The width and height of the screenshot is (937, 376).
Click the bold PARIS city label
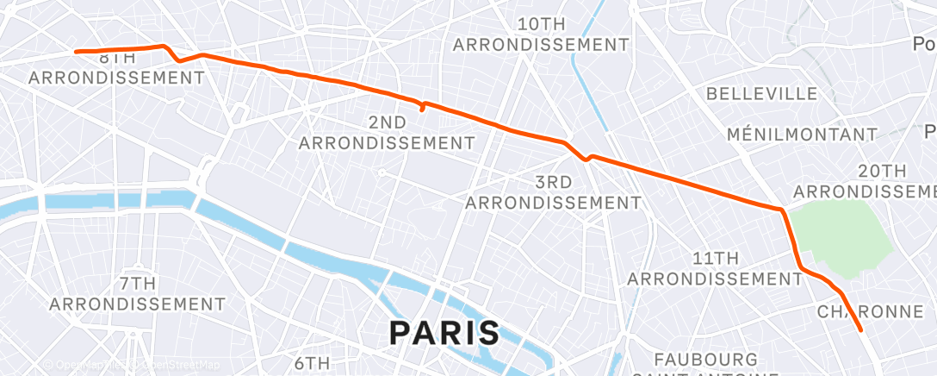[x=444, y=332]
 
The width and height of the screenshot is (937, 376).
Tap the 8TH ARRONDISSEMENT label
[x=116, y=69]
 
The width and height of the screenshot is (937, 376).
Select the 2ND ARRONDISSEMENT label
[x=386, y=132]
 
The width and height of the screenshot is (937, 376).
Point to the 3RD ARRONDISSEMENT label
[x=553, y=192]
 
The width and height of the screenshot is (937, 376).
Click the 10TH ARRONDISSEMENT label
[x=542, y=34]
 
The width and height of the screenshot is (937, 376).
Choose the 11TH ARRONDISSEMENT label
[x=715, y=268]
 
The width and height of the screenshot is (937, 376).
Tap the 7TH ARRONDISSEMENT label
[x=137, y=293]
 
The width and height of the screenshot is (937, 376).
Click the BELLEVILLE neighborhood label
[x=761, y=93]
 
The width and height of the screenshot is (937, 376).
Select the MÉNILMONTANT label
[x=801, y=135]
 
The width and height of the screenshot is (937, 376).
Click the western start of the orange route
[x=77, y=52]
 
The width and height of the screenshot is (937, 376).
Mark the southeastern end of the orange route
[x=861, y=329]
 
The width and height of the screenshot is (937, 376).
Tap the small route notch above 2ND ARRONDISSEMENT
[x=422, y=108]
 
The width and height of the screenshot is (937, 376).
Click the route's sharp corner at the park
[x=781, y=210]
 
